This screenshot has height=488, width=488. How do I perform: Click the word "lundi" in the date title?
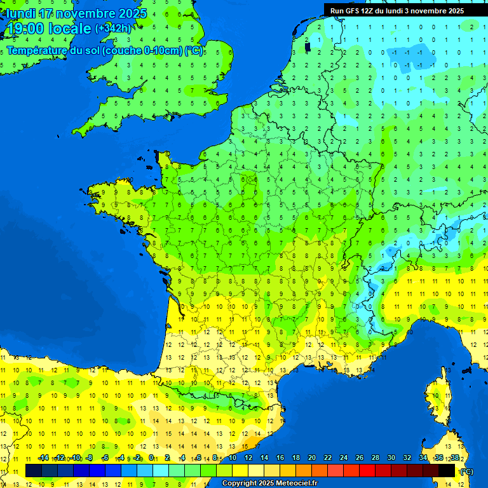22,13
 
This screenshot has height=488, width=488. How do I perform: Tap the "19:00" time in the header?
25,29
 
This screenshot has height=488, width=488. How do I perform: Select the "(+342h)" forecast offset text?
113,29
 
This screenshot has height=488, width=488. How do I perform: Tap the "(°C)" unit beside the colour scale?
467,471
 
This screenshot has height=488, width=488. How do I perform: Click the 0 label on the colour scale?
151,457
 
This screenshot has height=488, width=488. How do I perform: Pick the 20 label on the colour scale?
312,457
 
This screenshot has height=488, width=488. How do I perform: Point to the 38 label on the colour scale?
455,457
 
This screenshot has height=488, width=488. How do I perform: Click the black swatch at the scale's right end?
447,470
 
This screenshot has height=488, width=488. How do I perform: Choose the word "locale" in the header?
70,29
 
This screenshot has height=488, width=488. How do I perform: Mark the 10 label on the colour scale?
232,457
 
